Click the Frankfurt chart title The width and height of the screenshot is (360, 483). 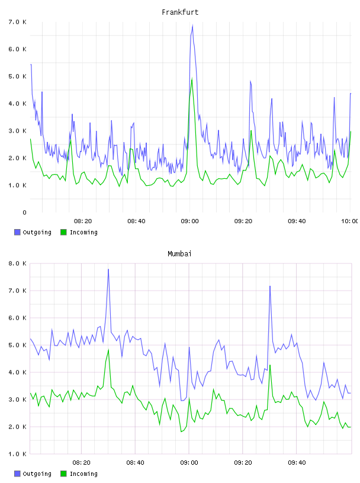(180, 12)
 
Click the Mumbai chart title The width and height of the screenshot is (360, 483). (179, 254)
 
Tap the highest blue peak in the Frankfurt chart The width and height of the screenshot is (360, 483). (192, 25)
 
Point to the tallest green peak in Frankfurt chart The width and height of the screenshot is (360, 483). (192, 79)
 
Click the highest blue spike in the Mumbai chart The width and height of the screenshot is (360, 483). (108, 269)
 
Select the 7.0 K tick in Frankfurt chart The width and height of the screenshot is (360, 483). (17, 22)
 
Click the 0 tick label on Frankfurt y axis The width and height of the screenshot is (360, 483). (24, 212)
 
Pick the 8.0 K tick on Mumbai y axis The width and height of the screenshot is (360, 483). (17, 263)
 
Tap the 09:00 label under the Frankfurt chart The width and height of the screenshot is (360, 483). (189, 221)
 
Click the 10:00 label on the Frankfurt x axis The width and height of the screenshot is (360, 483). (350, 221)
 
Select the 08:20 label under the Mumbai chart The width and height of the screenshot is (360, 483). (81, 463)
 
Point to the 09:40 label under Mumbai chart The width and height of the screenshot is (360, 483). (297, 463)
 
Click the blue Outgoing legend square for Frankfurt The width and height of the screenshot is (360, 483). (17, 232)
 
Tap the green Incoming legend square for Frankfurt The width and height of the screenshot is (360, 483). (63, 232)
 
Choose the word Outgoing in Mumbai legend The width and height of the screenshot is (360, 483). (37, 474)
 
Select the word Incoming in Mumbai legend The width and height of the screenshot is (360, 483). (83, 474)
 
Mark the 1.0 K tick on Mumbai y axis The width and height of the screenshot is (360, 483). (17, 454)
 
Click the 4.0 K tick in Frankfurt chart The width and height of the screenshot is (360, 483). (17, 104)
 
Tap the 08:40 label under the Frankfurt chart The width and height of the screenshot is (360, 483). (136, 221)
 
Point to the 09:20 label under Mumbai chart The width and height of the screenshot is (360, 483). (243, 463)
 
